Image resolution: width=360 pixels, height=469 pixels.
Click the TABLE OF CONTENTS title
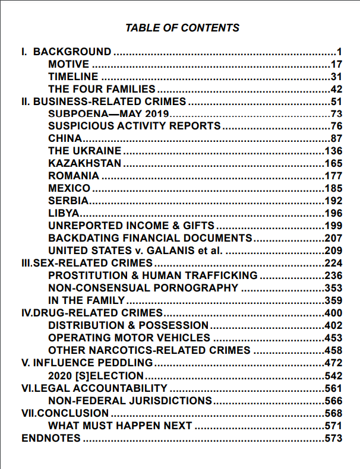pos(182,28)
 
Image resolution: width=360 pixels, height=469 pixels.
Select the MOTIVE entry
pos(68,64)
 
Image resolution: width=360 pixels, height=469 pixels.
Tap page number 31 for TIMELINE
pos(337,77)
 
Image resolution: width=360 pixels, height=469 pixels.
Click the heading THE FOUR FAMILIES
pos(102,89)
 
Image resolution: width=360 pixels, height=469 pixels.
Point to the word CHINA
pos(65,138)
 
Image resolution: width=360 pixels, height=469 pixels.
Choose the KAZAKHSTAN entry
pos(85,163)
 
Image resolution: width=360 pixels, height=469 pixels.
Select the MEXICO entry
pos(70,188)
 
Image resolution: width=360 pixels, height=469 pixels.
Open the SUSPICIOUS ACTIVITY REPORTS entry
pos(134,126)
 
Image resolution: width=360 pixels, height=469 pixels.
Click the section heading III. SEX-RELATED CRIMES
pos(87,263)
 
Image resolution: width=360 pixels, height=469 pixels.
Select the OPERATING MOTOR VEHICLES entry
pos(130,338)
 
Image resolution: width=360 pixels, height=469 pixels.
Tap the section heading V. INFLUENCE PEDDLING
pos(87,363)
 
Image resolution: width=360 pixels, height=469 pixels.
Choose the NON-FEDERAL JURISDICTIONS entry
pos(130,400)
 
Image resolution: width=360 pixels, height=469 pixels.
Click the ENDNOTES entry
pos(50,438)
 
